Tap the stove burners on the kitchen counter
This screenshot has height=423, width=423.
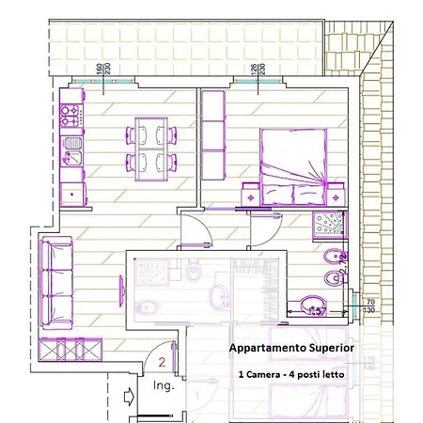coord(70,117)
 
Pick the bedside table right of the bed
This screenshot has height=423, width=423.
coord(335,196)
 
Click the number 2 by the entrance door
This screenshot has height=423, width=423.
coord(162,361)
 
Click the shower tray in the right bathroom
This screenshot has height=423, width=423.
coord(330,226)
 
